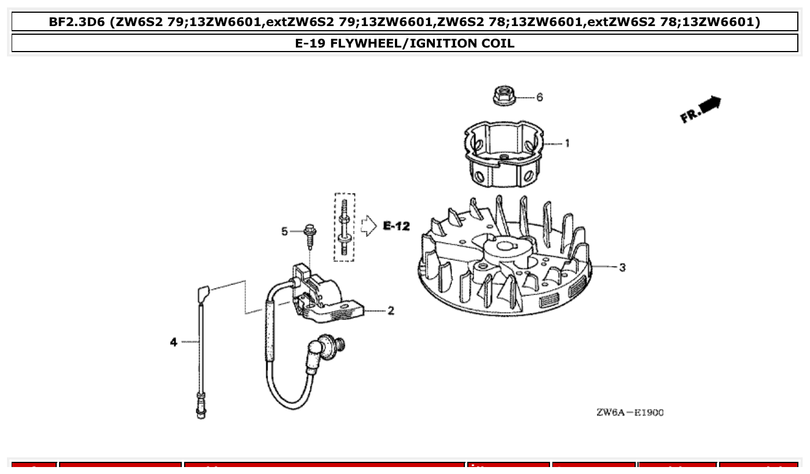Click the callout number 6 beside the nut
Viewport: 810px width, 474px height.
point(540,97)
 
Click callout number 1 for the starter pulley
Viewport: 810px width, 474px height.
point(567,143)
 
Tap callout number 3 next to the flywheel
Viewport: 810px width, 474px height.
point(622,268)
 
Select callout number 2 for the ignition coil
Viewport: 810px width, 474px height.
point(391,311)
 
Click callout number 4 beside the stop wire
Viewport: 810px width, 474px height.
point(173,342)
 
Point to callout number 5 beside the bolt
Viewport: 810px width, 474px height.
point(284,232)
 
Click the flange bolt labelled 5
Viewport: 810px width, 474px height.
point(310,235)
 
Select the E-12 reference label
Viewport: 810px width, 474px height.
point(396,226)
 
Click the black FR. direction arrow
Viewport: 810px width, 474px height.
point(709,105)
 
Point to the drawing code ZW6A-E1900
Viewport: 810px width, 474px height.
point(630,413)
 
